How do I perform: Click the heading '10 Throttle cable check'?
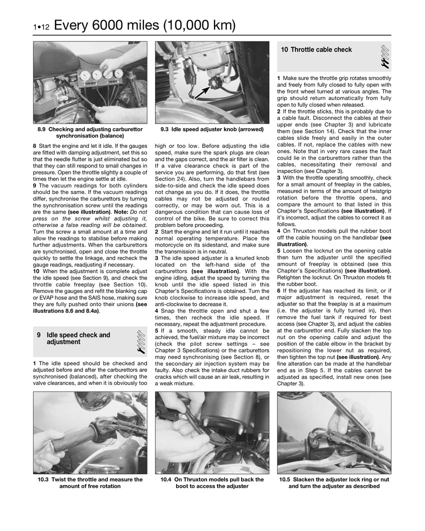click(316, 49)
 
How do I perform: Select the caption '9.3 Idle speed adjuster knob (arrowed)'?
click(212, 129)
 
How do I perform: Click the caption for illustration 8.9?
click(90, 132)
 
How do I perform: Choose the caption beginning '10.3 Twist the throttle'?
click(90, 482)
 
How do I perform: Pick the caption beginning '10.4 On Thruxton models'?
click(212, 482)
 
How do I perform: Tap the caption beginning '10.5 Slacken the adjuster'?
click(334, 482)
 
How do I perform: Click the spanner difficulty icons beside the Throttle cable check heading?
click(385, 56)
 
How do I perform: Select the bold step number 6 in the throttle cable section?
click(279, 290)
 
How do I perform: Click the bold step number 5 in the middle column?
click(157, 330)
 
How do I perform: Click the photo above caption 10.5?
click(334, 432)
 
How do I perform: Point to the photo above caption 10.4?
click(212, 432)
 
